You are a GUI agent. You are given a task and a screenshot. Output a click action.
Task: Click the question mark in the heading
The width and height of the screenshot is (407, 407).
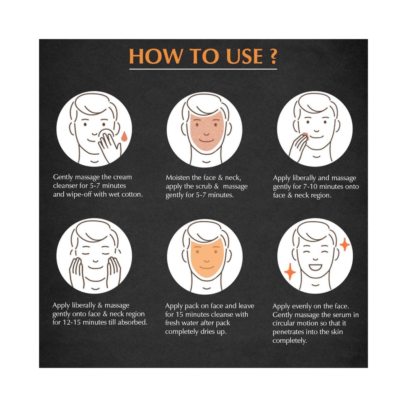pyautogui.click(x=273, y=56)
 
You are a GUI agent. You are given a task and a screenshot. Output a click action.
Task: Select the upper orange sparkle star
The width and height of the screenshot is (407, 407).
pyautogui.click(x=344, y=244)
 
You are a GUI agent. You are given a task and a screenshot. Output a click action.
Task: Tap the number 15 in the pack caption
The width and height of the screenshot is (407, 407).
pyautogui.click(x=180, y=314)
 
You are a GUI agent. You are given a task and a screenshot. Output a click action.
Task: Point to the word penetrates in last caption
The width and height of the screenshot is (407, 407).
pyautogui.click(x=288, y=332)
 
